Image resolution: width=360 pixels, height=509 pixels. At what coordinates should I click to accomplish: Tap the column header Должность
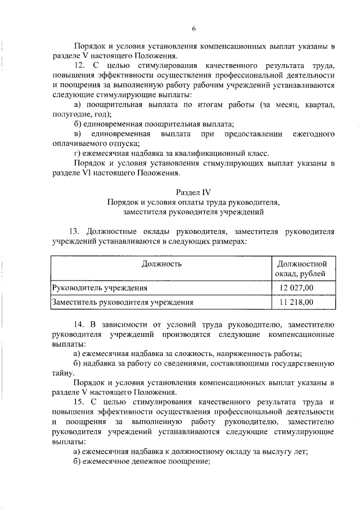tap(161, 263)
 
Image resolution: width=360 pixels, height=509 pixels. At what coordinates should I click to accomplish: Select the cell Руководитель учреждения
tap(100, 287)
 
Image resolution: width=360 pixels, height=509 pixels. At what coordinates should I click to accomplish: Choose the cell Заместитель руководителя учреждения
tap(122, 302)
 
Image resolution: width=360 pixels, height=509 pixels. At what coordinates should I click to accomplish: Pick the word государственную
tap(302, 363)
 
